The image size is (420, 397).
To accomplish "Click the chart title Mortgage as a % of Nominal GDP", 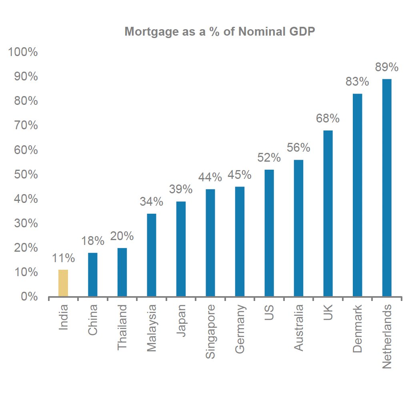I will click(x=220, y=32).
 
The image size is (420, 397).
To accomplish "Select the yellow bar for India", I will click(x=63, y=283).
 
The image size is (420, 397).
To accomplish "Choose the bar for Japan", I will click(x=181, y=249).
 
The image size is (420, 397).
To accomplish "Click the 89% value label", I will click(x=386, y=68).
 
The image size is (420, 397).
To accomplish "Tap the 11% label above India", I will click(x=63, y=259).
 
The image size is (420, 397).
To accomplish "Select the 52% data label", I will click(x=269, y=158).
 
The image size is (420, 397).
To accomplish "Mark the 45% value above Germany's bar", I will click(x=240, y=175).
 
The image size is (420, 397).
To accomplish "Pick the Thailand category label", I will click(x=122, y=327).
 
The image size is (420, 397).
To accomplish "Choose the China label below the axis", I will click(x=93, y=321).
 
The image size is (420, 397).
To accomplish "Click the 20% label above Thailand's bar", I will click(x=122, y=236).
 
